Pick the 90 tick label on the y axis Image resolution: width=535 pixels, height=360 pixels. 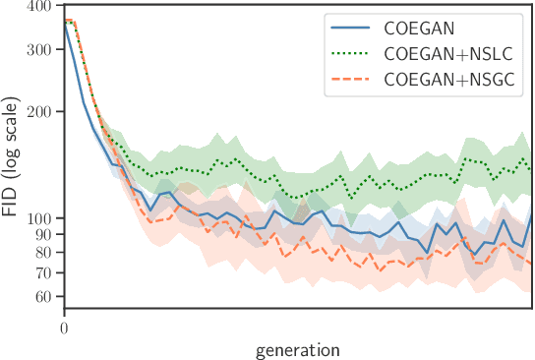coord(43,234)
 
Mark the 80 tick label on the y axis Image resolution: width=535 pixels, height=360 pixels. coord(43,252)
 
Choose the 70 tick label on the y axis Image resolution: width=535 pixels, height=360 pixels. coord(43,272)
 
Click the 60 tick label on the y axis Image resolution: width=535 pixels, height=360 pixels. coord(43,296)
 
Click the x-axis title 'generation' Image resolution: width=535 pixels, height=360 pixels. coord(298,349)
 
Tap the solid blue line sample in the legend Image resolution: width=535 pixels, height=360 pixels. coord(355,30)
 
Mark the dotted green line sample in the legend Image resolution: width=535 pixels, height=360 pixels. coord(355,54)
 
